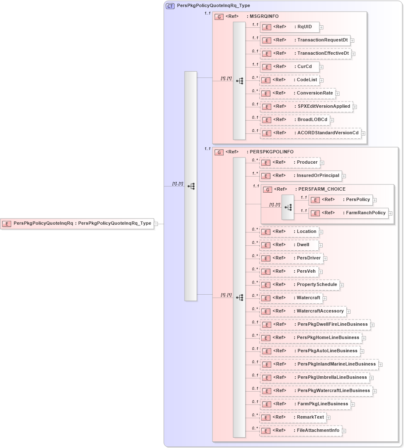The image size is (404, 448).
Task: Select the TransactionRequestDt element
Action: tap(305, 40)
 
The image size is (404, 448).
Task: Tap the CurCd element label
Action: tap(304, 67)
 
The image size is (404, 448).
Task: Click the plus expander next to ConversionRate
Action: tap(338, 94)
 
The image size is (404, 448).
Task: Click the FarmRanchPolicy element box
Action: tap(348, 213)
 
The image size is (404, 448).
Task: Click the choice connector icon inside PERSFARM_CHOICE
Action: tap(288, 207)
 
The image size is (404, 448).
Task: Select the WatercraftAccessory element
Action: tap(303, 311)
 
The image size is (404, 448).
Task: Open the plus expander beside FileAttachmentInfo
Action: tap(344, 431)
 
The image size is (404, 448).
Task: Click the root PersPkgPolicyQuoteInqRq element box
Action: tap(77, 223)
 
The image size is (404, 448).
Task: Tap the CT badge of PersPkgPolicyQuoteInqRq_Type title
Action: tap(170, 6)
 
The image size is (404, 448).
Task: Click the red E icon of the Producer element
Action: tap(266, 162)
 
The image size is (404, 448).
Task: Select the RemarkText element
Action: tap(293, 417)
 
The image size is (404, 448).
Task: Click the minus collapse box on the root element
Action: tap(156, 224)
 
